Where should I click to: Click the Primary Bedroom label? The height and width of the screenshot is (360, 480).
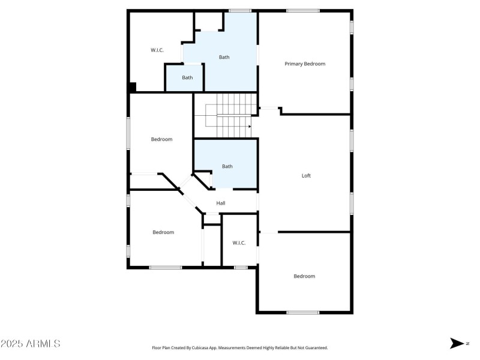305,64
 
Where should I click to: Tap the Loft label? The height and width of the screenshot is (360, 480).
306,175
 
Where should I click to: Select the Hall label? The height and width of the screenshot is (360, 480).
221,203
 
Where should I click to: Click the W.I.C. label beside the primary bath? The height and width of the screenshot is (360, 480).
157,50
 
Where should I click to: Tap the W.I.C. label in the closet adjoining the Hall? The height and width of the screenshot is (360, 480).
239,243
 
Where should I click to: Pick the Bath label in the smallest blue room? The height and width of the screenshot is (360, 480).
187,77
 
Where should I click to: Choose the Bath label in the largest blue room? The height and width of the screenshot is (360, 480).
224,57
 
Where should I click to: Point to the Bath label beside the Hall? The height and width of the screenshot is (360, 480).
227,166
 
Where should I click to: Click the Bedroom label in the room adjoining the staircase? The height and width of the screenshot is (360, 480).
161,139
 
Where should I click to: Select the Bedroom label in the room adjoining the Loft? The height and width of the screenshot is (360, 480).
304,276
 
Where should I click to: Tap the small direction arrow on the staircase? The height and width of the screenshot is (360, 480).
250,127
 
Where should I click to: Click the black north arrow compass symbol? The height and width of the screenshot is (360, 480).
457,343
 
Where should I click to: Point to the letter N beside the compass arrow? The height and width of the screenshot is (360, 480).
467,343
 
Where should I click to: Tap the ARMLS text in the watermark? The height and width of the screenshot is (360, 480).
43,343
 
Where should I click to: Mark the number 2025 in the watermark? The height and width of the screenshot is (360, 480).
11,343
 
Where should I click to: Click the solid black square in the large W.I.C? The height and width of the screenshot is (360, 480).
132,87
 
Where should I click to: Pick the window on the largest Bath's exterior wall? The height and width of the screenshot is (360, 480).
240,11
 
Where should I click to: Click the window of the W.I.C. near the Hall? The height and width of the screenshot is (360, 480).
241,268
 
